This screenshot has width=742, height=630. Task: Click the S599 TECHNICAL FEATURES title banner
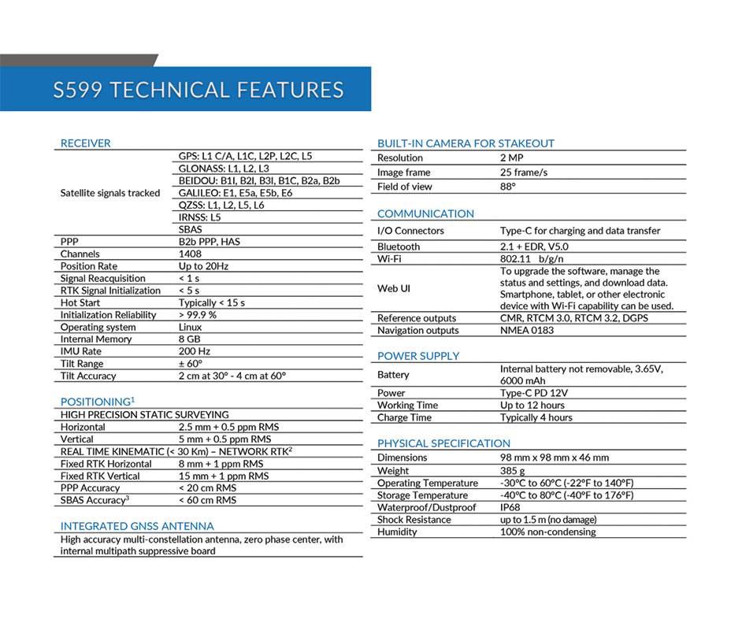click(x=198, y=89)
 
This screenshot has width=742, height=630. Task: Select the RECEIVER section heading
click(x=86, y=143)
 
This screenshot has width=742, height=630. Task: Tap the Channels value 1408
click(x=190, y=254)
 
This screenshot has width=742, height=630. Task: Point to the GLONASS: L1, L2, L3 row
click(x=224, y=169)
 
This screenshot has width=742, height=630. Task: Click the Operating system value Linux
click(x=190, y=327)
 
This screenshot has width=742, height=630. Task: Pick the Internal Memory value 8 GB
click(x=190, y=339)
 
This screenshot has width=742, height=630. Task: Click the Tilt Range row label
click(x=82, y=364)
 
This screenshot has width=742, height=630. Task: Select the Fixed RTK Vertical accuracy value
click(x=223, y=476)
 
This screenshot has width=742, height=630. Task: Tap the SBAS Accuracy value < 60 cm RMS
click(x=207, y=500)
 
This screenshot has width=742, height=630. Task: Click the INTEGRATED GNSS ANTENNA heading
click(x=137, y=526)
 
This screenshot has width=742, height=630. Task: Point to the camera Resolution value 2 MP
click(x=511, y=158)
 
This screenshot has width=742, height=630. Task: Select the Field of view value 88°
click(x=508, y=187)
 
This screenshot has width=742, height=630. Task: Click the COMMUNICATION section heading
click(x=425, y=214)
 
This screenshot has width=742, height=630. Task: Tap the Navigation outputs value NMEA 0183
click(x=527, y=331)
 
